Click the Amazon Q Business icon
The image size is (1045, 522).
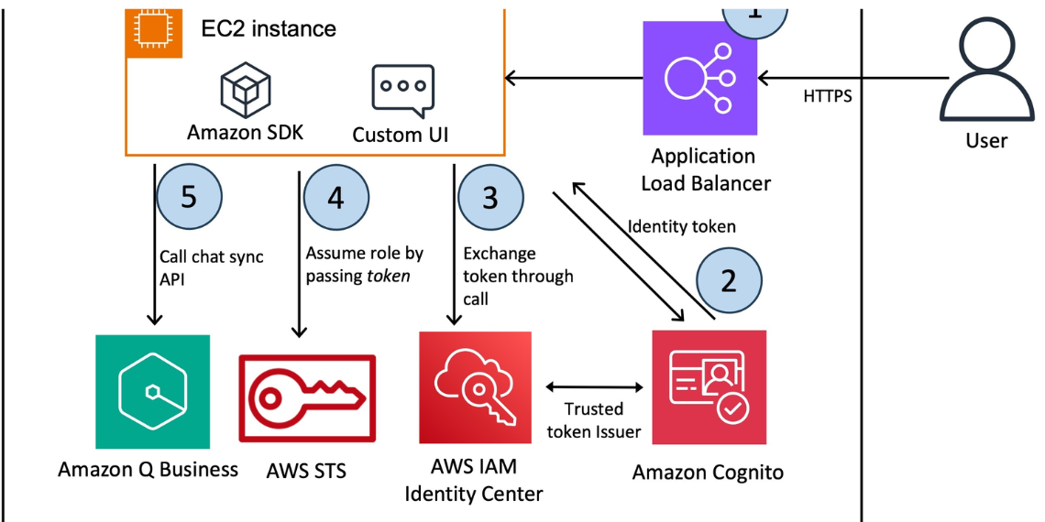[152, 392]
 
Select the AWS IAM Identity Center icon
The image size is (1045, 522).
[475, 387]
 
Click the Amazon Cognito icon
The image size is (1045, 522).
[709, 387]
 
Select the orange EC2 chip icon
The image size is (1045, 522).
[145, 33]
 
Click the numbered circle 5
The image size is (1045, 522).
[189, 198]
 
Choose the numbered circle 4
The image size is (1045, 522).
[335, 198]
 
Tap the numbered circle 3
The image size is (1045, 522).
[490, 198]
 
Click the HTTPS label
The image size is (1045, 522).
[828, 96]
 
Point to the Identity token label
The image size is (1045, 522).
[682, 226]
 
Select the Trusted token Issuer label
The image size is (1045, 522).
[594, 420]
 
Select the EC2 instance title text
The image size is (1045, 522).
[269, 28]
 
